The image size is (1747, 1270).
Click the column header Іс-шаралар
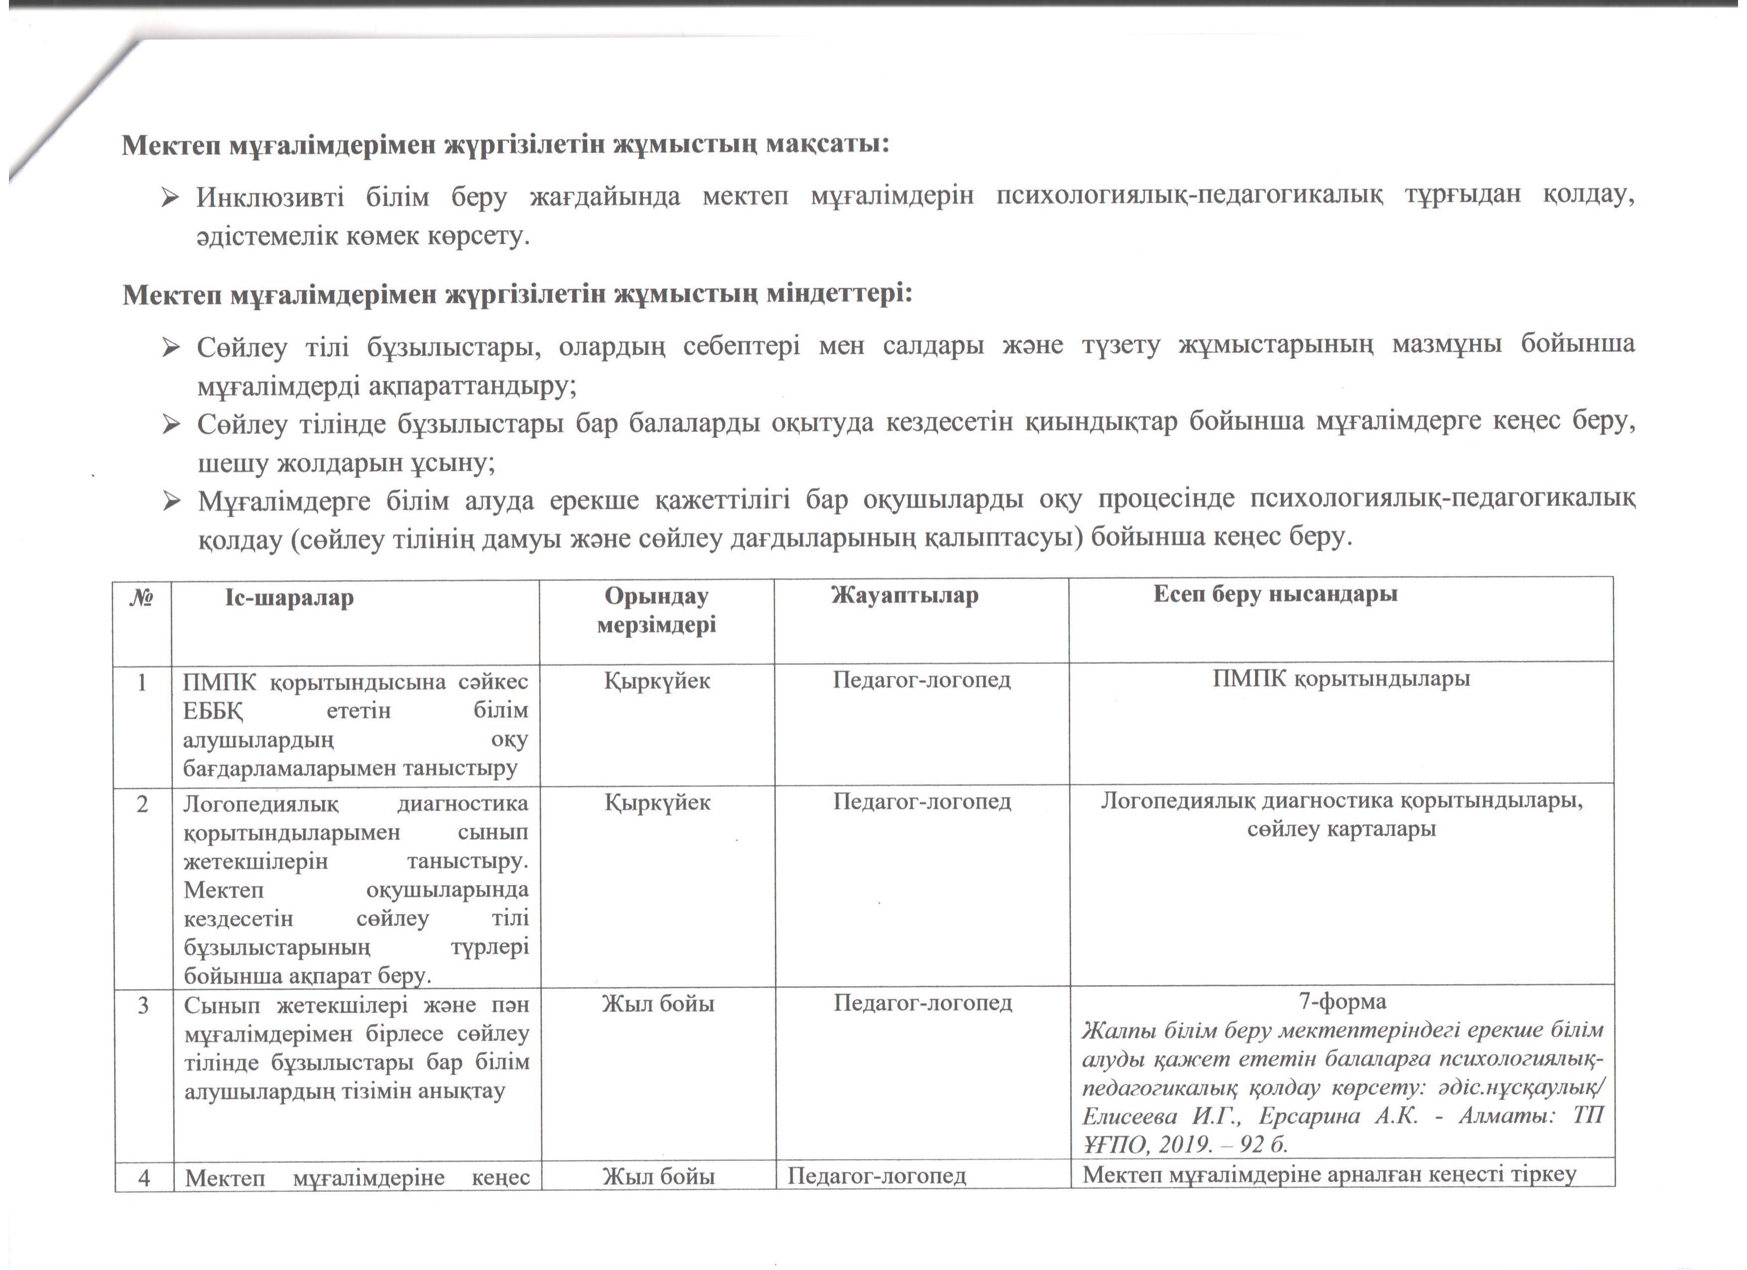[x=290, y=599]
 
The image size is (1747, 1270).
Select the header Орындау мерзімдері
[x=656, y=610]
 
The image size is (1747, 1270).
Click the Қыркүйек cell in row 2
[x=657, y=803]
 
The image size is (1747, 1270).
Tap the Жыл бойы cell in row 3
[x=658, y=1004]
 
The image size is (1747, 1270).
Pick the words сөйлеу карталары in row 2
[x=1341, y=829]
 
